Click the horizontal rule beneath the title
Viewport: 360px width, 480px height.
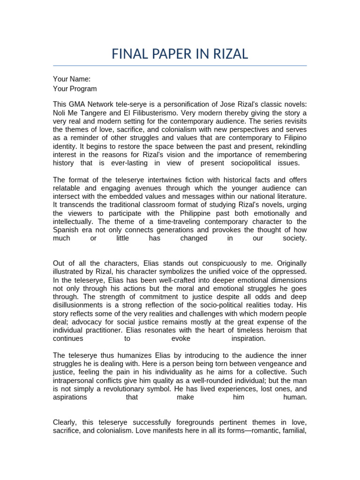coord(180,66)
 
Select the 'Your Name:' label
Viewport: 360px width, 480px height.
coord(72,79)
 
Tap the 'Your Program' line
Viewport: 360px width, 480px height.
coord(75,89)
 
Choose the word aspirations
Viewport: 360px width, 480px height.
coord(70,397)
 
